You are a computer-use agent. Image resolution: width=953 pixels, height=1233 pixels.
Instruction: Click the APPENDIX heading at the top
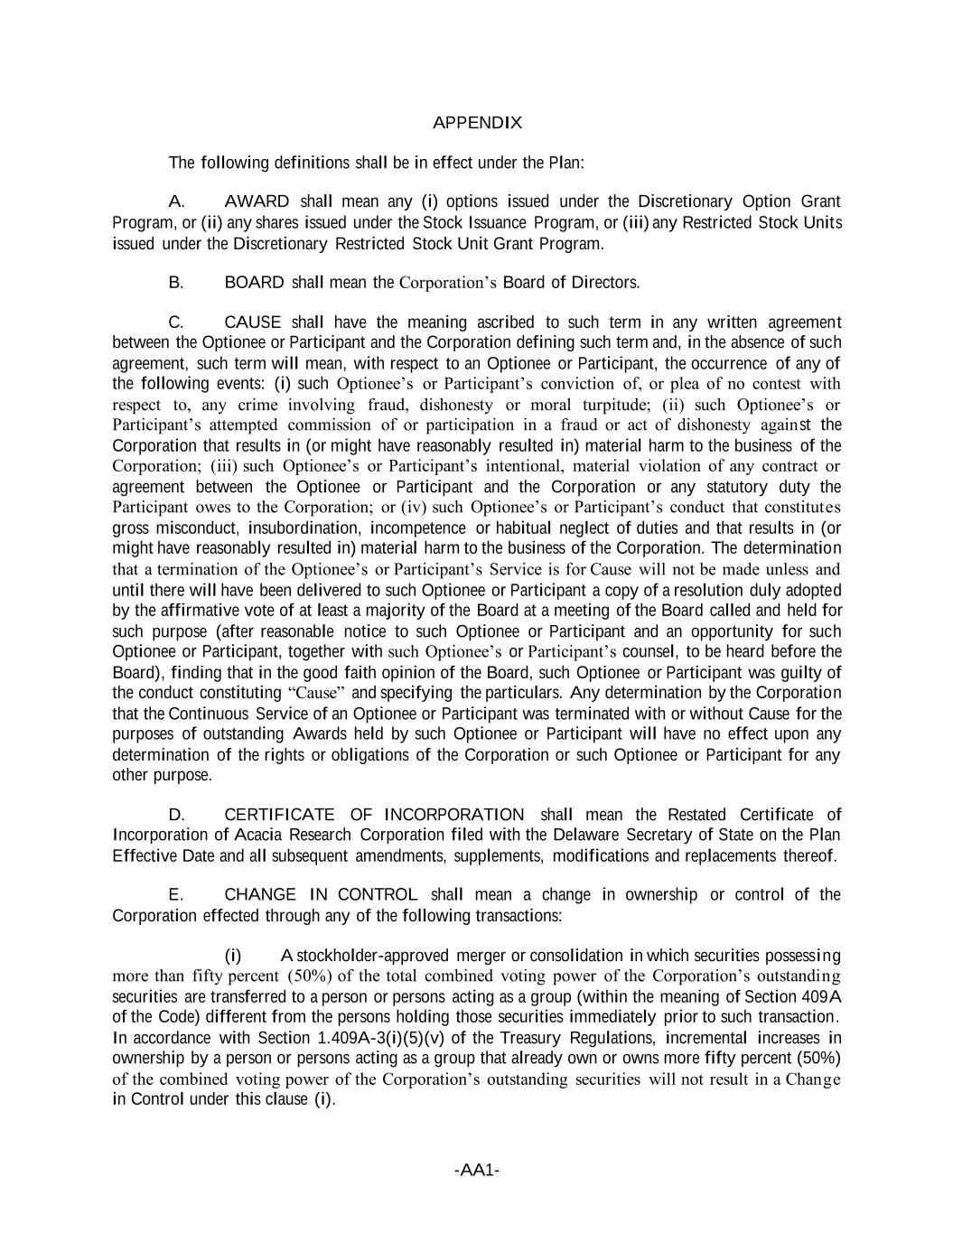477,122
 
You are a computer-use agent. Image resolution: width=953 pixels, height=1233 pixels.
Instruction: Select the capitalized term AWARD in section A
257,201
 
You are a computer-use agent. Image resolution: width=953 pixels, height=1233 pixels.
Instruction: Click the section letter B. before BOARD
176,283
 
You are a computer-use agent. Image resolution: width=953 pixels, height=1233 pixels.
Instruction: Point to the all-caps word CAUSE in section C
252,322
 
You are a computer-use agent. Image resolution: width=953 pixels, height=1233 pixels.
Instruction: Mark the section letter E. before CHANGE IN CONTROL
176,895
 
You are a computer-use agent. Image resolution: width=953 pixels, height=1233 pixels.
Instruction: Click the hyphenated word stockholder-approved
375,956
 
